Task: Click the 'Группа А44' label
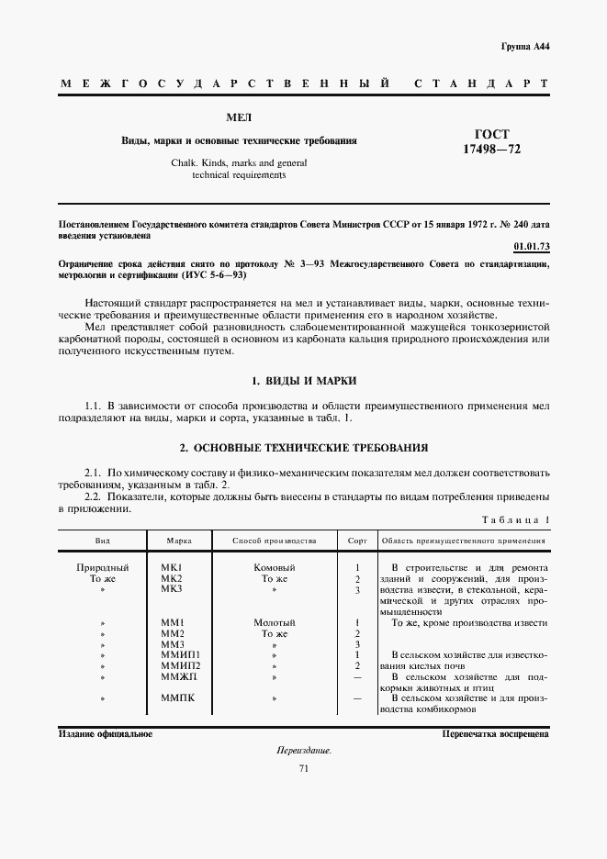[525, 46]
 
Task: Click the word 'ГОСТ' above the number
[491, 133]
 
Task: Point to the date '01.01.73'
[531, 247]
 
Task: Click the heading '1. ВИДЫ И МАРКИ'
[303, 380]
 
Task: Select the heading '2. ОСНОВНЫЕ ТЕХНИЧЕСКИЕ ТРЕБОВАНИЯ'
[303, 448]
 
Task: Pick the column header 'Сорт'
[357, 541]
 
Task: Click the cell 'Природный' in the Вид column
[103, 567]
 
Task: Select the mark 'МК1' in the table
[173, 567]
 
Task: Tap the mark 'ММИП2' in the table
[180, 664]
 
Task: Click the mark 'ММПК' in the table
[176, 698]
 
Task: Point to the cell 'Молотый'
[275, 622]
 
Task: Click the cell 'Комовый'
[275, 567]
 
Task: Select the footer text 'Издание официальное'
[106, 734]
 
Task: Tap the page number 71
[303, 769]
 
